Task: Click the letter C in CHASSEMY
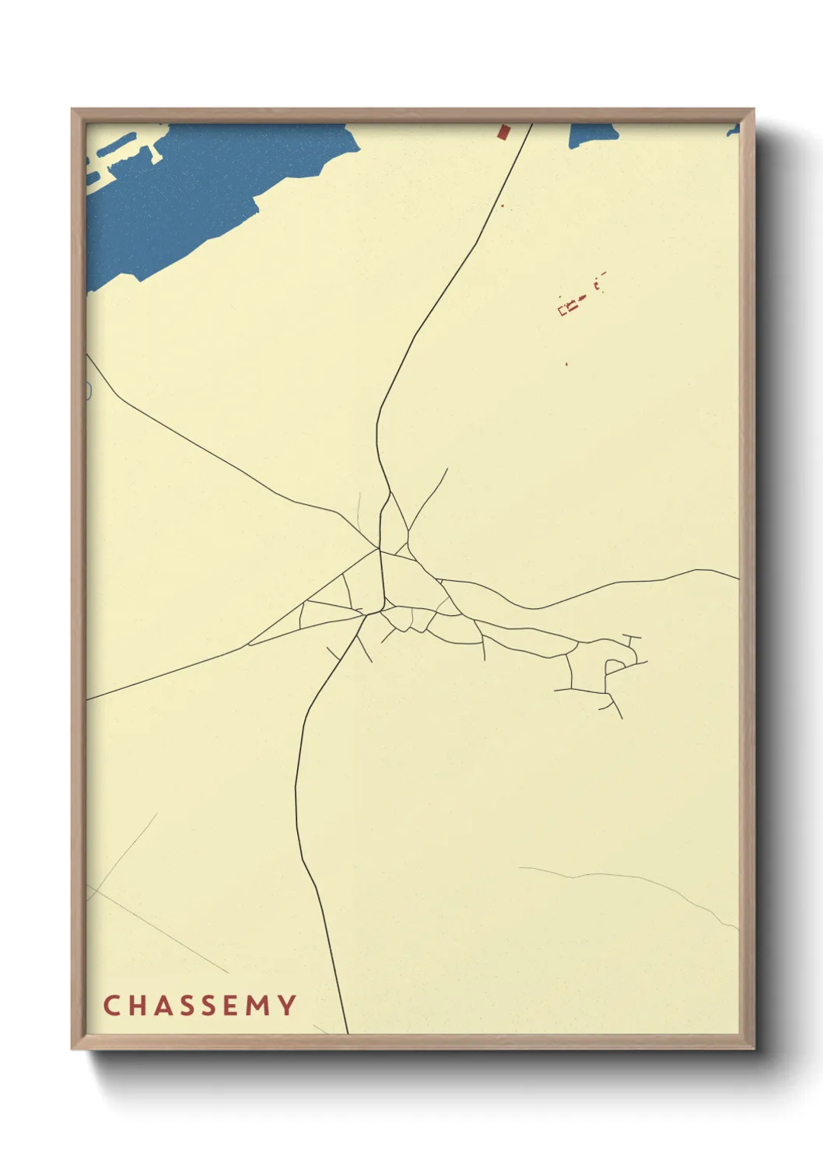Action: pos(110,1006)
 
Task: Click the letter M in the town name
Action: pos(259,1006)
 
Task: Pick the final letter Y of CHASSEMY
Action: pos(287,1006)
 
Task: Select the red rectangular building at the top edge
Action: pos(503,131)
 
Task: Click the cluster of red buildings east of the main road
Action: pos(572,305)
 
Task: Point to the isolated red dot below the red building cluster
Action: pos(566,363)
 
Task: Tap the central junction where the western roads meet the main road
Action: pos(379,549)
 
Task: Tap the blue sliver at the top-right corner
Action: pos(733,131)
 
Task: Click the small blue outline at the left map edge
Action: pos(89,390)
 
